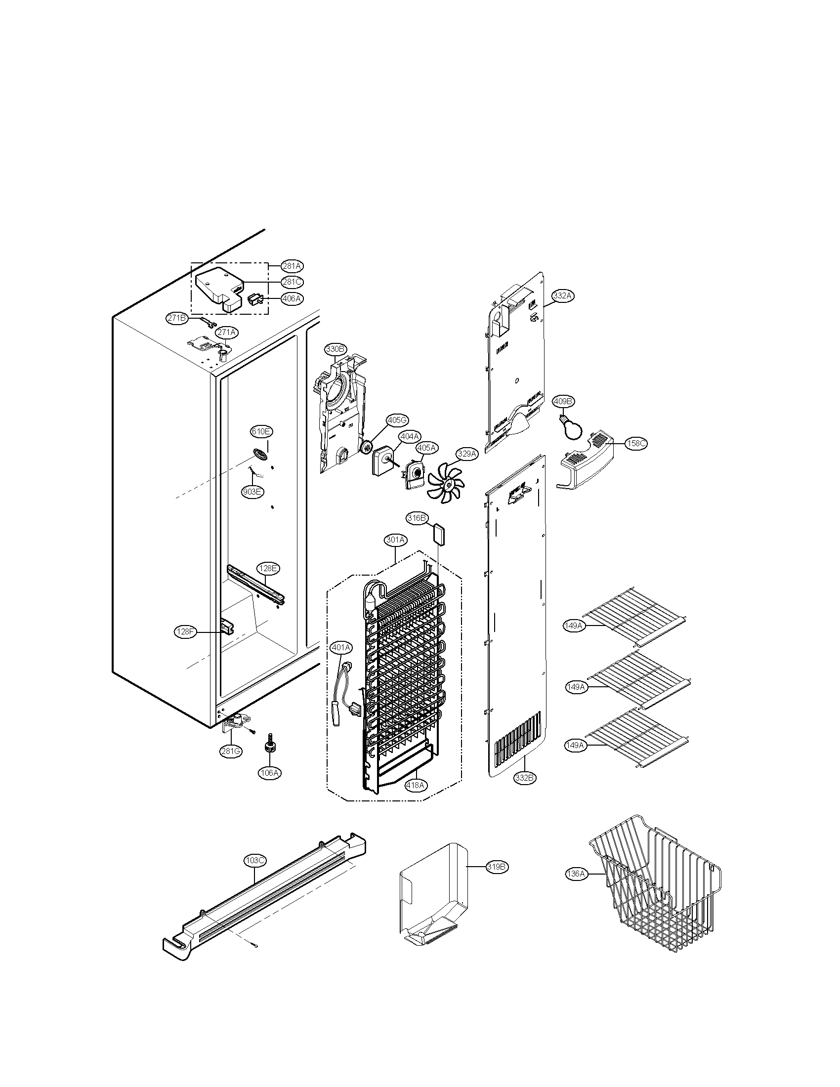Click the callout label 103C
point(255,860)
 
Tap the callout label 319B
point(497,867)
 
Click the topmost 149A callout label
point(574,626)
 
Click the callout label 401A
point(341,648)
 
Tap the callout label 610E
point(261,431)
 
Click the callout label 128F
point(185,631)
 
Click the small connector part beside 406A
point(254,299)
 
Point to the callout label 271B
point(176,319)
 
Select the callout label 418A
point(416,785)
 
